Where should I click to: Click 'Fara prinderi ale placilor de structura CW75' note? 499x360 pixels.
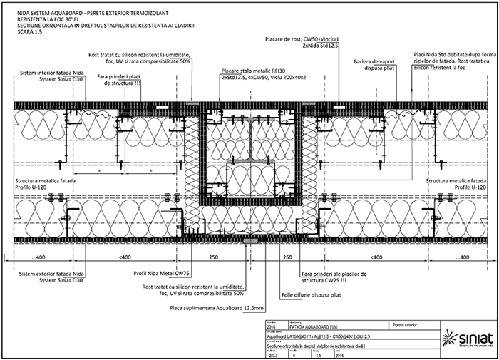tap(334, 277)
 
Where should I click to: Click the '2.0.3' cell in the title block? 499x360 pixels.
tap(272, 352)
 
